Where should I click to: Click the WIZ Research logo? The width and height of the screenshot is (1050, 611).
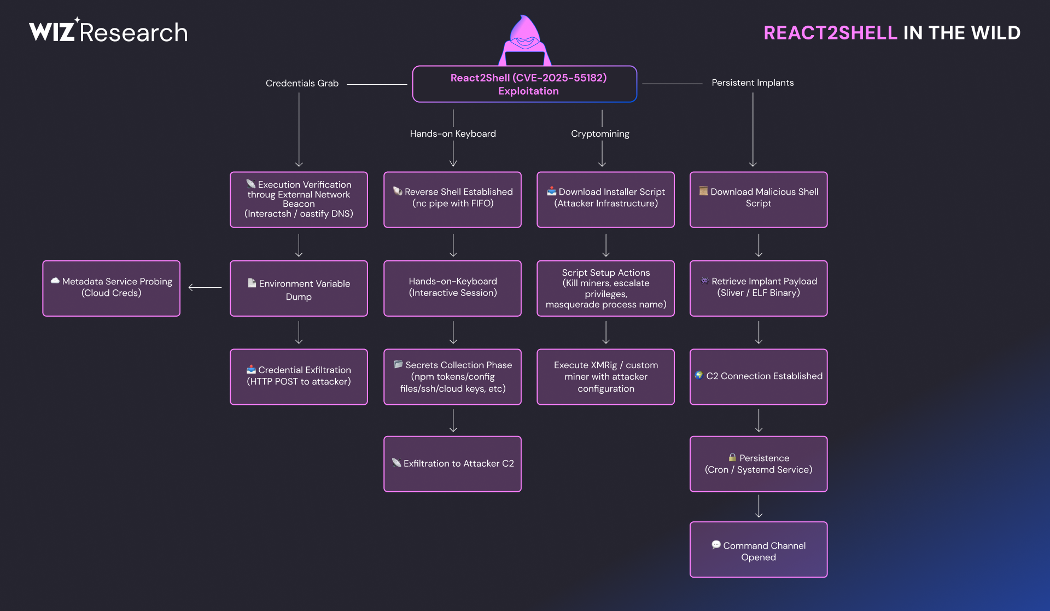pos(108,32)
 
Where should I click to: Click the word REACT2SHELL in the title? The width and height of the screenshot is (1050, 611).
pos(830,33)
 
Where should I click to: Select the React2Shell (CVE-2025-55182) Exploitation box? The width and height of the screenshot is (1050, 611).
pos(524,84)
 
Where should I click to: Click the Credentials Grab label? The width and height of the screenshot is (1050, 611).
pos(302,83)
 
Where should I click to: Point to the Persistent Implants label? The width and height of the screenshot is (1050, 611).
pos(752,83)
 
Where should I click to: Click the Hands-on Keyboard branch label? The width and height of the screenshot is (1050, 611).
pos(453,133)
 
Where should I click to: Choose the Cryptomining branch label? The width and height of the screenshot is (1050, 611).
pos(600,133)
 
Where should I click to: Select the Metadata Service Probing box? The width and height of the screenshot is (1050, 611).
pos(112,288)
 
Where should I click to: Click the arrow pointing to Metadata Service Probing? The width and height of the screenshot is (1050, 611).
pos(205,287)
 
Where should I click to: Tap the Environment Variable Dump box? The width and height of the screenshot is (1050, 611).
pos(299,288)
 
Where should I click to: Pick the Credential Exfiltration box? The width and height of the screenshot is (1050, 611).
pos(299,376)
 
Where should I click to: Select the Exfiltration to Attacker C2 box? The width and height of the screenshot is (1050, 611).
pos(452,463)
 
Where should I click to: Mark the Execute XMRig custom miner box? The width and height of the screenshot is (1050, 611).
pos(605,376)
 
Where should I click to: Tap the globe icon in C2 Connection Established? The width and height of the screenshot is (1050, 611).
pos(699,375)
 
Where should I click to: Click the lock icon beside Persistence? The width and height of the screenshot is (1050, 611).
pos(732,457)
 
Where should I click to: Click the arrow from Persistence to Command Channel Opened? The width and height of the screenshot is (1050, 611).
pos(759,506)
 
